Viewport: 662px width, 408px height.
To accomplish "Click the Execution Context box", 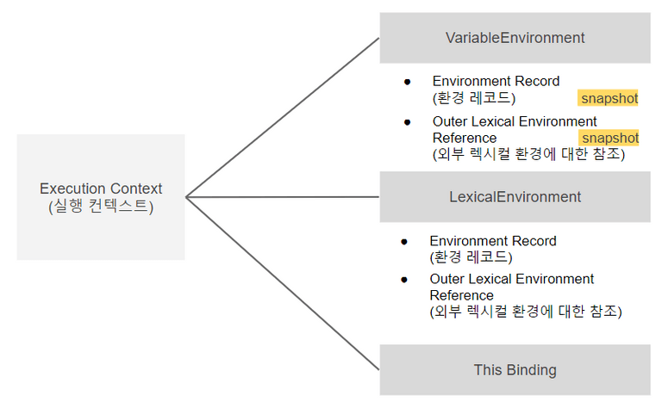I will pyautogui.click(x=100, y=197).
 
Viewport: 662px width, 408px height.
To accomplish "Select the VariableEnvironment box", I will pyautogui.click(x=515, y=38).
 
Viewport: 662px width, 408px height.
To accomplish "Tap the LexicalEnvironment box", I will pyautogui.click(x=515, y=197).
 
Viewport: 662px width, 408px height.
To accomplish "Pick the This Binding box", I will pyautogui.click(x=515, y=370).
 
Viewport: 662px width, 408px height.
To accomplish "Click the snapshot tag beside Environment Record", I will pyautogui.click(x=609, y=98).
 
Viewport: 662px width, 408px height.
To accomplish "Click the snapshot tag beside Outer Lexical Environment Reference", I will pyautogui.click(x=609, y=138).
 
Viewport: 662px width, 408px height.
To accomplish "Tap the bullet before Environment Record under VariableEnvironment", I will pyautogui.click(x=408, y=82).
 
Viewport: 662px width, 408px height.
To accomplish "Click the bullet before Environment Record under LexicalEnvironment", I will pyautogui.click(x=404, y=241).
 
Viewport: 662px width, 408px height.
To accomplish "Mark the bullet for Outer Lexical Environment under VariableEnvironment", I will pyautogui.click(x=408, y=122).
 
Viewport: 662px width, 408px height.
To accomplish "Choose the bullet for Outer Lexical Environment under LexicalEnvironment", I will pyautogui.click(x=404, y=280).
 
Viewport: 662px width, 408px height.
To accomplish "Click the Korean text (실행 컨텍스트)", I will pyautogui.click(x=101, y=207).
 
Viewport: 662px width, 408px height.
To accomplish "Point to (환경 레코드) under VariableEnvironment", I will pyautogui.click(x=474, y=98).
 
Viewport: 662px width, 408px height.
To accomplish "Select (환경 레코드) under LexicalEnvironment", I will pyautogui.click(x=471, y=257).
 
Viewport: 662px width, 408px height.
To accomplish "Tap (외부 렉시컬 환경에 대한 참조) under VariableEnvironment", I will pyautogui.click(x=528, y=155).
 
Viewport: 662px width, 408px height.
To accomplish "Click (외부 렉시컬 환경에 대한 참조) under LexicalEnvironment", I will pyautogui.click(x=525, y=312).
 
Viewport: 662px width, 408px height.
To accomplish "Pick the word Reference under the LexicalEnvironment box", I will pyautogui.click(x=461, y=295).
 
